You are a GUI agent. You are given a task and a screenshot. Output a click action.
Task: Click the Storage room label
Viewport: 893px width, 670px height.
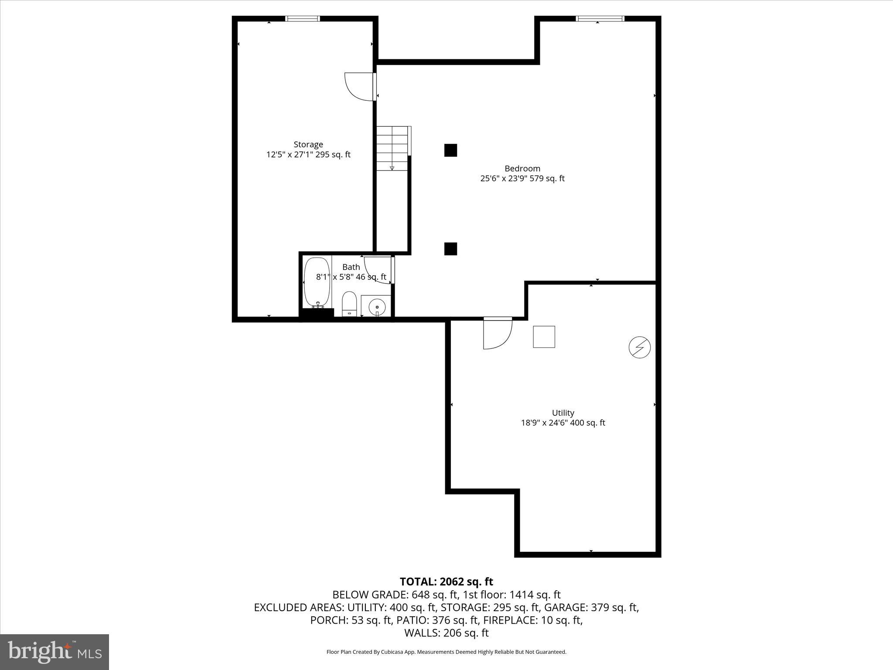coord(308,144)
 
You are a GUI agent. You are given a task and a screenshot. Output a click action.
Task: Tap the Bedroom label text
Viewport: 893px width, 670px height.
coord(522,168)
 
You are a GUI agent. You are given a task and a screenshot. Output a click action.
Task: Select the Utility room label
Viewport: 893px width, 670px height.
coord(563,413)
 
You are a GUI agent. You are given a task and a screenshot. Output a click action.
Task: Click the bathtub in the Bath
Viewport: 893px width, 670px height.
coord(317,282)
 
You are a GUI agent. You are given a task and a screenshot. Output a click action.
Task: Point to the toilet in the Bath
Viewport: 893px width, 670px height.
coord(349,304)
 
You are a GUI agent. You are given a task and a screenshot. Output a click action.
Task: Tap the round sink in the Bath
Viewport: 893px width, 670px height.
coord(376,306)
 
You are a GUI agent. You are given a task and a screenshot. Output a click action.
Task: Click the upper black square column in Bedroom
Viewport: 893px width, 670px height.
coord(450,150)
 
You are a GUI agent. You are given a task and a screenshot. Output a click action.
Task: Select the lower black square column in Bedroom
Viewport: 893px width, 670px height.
coord(450,249)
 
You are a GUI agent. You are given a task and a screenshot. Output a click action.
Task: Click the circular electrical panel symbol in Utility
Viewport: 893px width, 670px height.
coord(639,348)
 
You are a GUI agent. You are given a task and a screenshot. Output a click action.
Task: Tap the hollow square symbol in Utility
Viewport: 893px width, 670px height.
coord(544,337)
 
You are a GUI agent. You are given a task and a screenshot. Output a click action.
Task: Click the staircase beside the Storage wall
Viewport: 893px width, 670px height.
coord(392,148)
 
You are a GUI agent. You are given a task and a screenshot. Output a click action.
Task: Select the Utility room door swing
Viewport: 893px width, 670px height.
coord(497,334)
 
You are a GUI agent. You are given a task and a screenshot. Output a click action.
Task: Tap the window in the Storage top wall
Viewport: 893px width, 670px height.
coord(303,19)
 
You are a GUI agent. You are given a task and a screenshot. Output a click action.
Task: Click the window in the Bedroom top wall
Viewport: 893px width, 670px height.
coord(600,19)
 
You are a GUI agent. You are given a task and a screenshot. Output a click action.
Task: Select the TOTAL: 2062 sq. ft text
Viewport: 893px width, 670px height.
coord(446,581)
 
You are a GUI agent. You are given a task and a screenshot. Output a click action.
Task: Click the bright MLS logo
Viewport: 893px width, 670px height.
coord(54,652)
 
